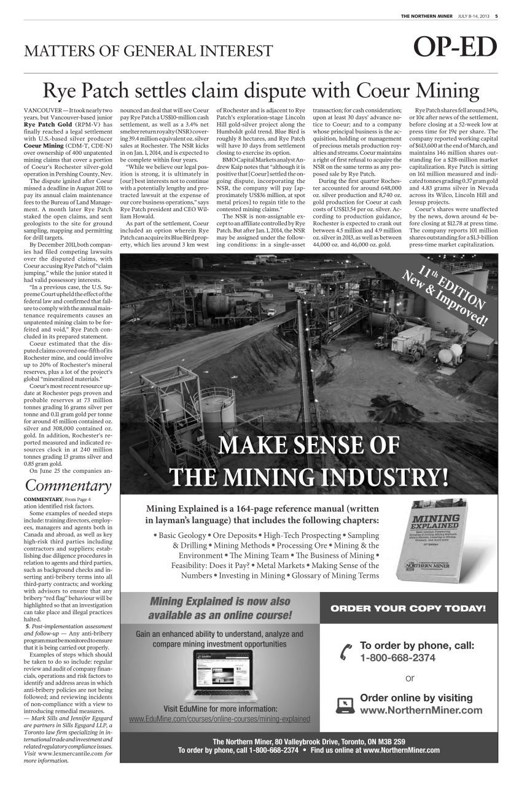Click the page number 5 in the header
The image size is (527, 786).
[x=496, y=16]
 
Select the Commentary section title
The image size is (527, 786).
[x=68, y=486]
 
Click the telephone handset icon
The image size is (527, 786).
[x=346, y=652]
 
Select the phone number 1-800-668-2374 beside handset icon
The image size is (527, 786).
[x=397, y=658]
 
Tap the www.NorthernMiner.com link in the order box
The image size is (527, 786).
[x=421, y=710]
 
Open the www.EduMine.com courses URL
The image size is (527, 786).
[x=219, y=719]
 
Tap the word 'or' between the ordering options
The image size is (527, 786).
[x=410, y=678]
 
